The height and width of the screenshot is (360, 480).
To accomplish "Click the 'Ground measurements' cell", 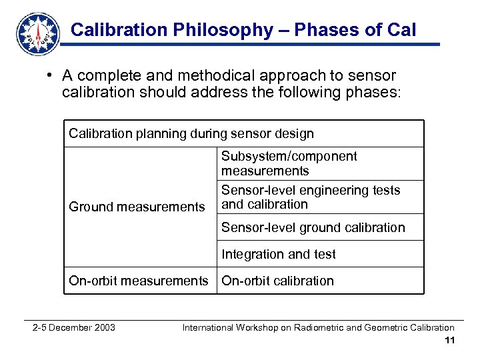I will point(137,207).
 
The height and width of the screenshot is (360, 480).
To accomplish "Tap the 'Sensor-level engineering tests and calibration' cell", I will point(311,197).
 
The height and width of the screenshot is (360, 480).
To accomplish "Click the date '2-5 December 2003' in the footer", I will point(74,327).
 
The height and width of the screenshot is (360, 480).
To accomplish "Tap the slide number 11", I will point(449,341).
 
